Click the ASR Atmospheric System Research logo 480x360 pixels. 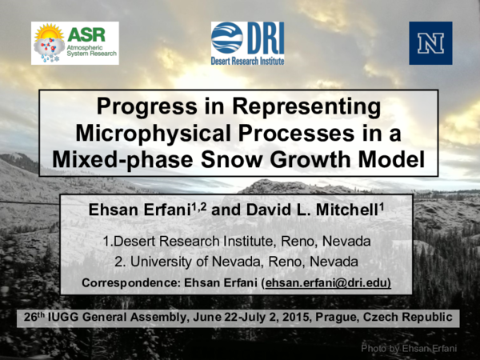tap(75, 43)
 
